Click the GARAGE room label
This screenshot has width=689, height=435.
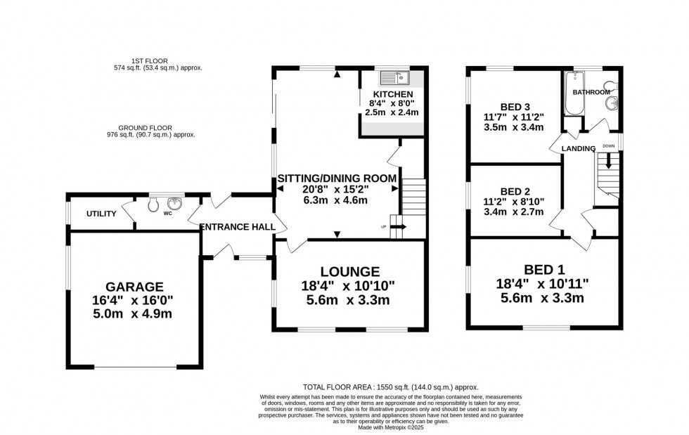134,286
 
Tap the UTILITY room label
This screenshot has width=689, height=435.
101,214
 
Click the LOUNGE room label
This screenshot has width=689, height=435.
350,271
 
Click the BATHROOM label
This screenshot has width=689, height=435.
591,92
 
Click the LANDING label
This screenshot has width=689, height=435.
579,148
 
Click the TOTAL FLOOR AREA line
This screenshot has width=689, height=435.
390,387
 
